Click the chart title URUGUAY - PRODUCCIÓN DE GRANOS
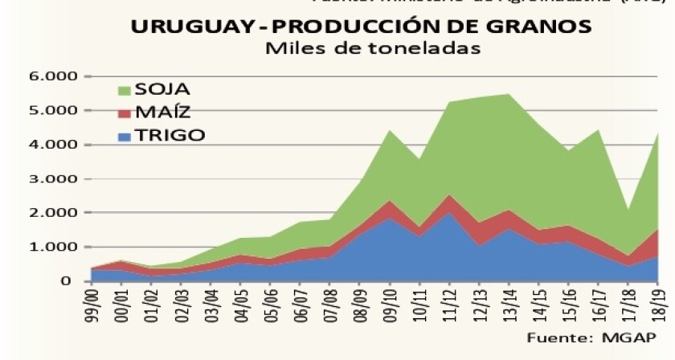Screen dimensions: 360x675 pos(361,26)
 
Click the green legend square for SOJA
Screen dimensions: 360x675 pos(124,89)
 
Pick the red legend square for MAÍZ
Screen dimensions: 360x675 pos(124,112)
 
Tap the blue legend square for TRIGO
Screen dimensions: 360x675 pos(124,136)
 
